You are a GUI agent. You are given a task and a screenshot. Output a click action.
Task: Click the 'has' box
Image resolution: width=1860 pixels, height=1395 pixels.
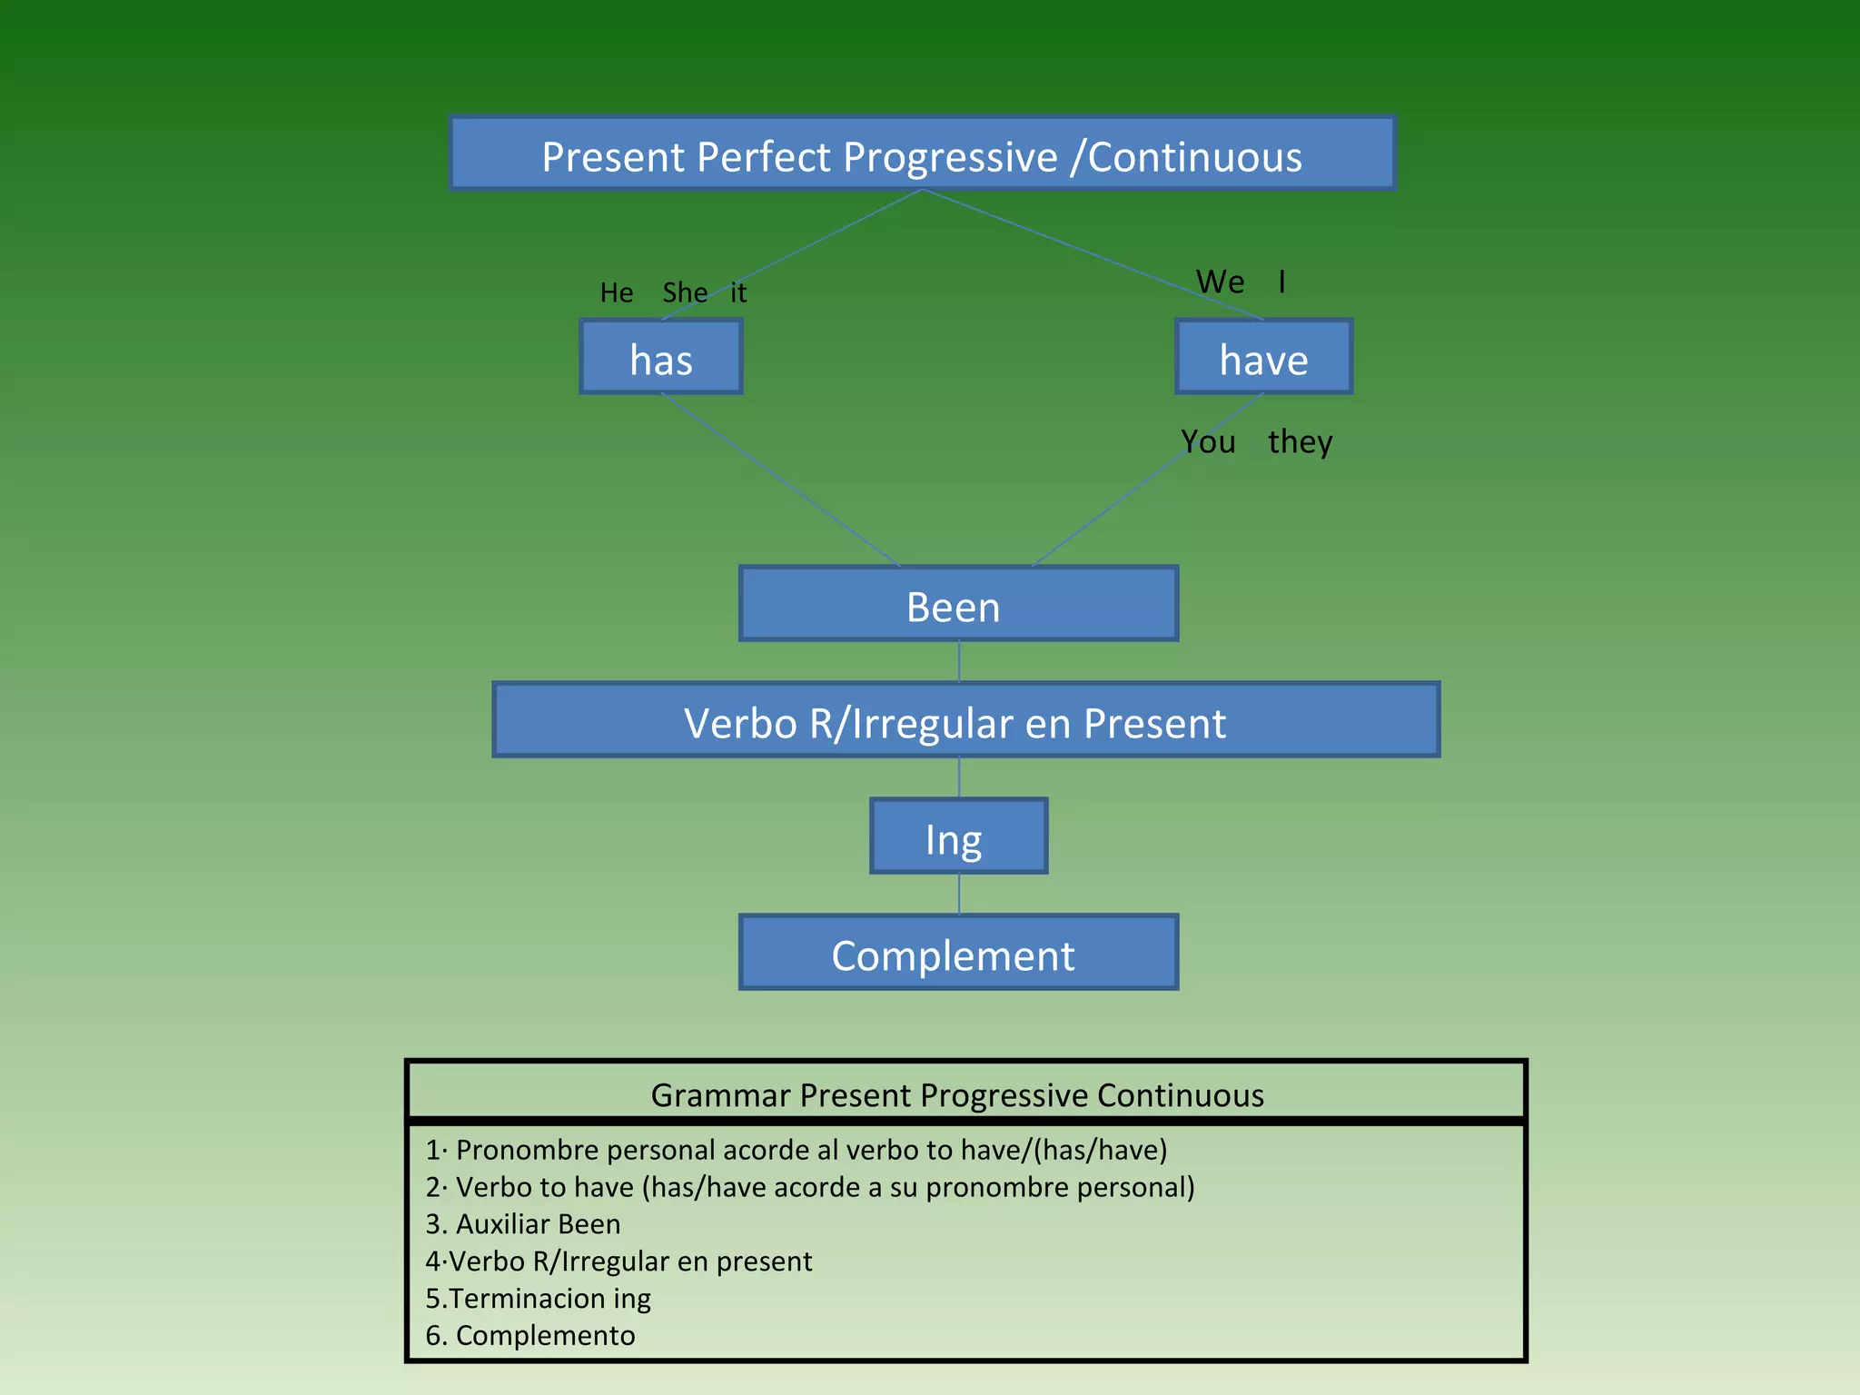(x=661, y=357)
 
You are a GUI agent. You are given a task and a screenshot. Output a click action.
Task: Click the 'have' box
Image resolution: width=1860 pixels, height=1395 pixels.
(x=1263, y=357)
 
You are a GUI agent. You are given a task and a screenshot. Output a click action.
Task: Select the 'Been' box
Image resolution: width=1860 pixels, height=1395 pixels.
(x=958, y=604)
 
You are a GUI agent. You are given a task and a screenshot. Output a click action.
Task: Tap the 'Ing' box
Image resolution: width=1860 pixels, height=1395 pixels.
(x=958, y=836)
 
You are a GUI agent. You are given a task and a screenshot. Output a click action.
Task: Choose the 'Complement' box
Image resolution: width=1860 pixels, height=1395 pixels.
(x=958, y=953)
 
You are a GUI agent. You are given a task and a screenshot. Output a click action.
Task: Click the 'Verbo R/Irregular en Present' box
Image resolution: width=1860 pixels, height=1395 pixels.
(x=965, y=720)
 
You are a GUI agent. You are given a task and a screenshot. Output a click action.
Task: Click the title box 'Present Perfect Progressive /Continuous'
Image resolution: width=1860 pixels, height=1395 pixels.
(x=922, y=154)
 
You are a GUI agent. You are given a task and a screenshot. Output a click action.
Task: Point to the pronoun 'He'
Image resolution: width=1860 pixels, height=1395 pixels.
(x=617, y=292)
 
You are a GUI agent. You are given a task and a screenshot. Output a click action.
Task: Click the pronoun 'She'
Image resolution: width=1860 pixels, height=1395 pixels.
(x=684, y=292)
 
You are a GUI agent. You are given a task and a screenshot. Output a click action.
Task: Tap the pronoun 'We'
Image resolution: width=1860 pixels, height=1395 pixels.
(x=1220, y=282)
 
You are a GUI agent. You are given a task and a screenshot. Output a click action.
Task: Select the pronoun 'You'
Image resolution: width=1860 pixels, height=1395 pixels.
(x=1208, y=441)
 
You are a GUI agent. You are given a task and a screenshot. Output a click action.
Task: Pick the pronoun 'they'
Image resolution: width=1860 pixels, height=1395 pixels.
(x=1300, y=441)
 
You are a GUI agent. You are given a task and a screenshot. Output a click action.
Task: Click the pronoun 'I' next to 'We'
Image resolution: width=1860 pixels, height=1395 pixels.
(x=1281, y=282)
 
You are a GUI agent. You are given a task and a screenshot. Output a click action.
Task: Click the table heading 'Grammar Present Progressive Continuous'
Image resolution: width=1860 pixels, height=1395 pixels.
(x=957, y=1094)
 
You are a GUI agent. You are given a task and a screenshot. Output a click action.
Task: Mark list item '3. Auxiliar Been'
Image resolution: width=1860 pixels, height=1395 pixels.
(x=523, y=1224)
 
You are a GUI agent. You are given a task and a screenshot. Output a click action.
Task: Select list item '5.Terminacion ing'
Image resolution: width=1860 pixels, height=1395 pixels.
(x=538, y=1299)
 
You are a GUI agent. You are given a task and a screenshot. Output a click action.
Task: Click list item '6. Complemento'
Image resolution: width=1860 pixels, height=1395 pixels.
(x=530, y=1336)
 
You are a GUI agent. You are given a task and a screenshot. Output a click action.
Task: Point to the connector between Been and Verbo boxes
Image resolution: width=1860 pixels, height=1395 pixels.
(x=959, y=662)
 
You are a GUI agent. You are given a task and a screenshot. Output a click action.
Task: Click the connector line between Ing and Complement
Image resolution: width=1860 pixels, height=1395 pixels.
(x=959, y=895)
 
